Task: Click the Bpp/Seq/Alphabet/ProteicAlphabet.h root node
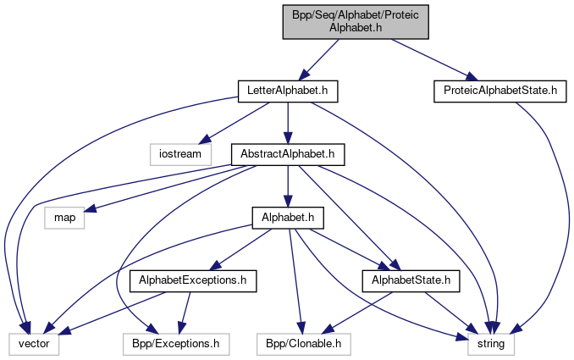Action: (x=356, y=19)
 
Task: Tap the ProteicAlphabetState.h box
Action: (x=499, y=88)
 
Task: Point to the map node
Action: (x=64, y=218)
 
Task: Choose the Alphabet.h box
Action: (x=288, y=218)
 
